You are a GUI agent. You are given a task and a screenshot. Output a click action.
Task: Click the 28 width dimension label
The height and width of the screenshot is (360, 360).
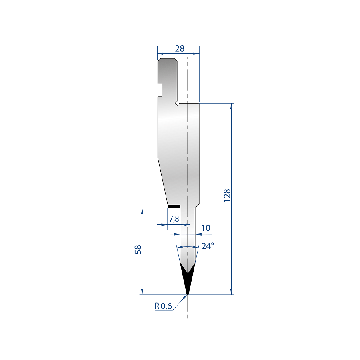click(180, 48)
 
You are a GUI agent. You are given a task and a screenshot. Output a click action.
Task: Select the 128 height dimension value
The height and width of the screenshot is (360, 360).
click(227, 196)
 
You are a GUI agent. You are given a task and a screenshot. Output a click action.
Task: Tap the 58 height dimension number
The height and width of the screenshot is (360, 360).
click(138, 249)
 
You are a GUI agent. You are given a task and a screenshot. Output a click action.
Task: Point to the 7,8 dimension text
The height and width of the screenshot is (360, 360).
click(174, 219)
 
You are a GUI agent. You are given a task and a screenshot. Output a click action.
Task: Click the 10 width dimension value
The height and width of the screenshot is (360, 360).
click(206, 228)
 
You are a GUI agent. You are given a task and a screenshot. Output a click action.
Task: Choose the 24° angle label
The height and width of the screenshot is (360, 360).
click(208, 246)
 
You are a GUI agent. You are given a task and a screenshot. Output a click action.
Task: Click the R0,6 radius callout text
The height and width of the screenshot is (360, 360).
click(163, 306)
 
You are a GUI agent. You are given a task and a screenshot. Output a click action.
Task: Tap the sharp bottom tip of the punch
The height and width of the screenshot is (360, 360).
click(188, 294)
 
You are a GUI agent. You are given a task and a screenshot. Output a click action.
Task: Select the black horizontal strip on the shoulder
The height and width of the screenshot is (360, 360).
click(174, 206)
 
